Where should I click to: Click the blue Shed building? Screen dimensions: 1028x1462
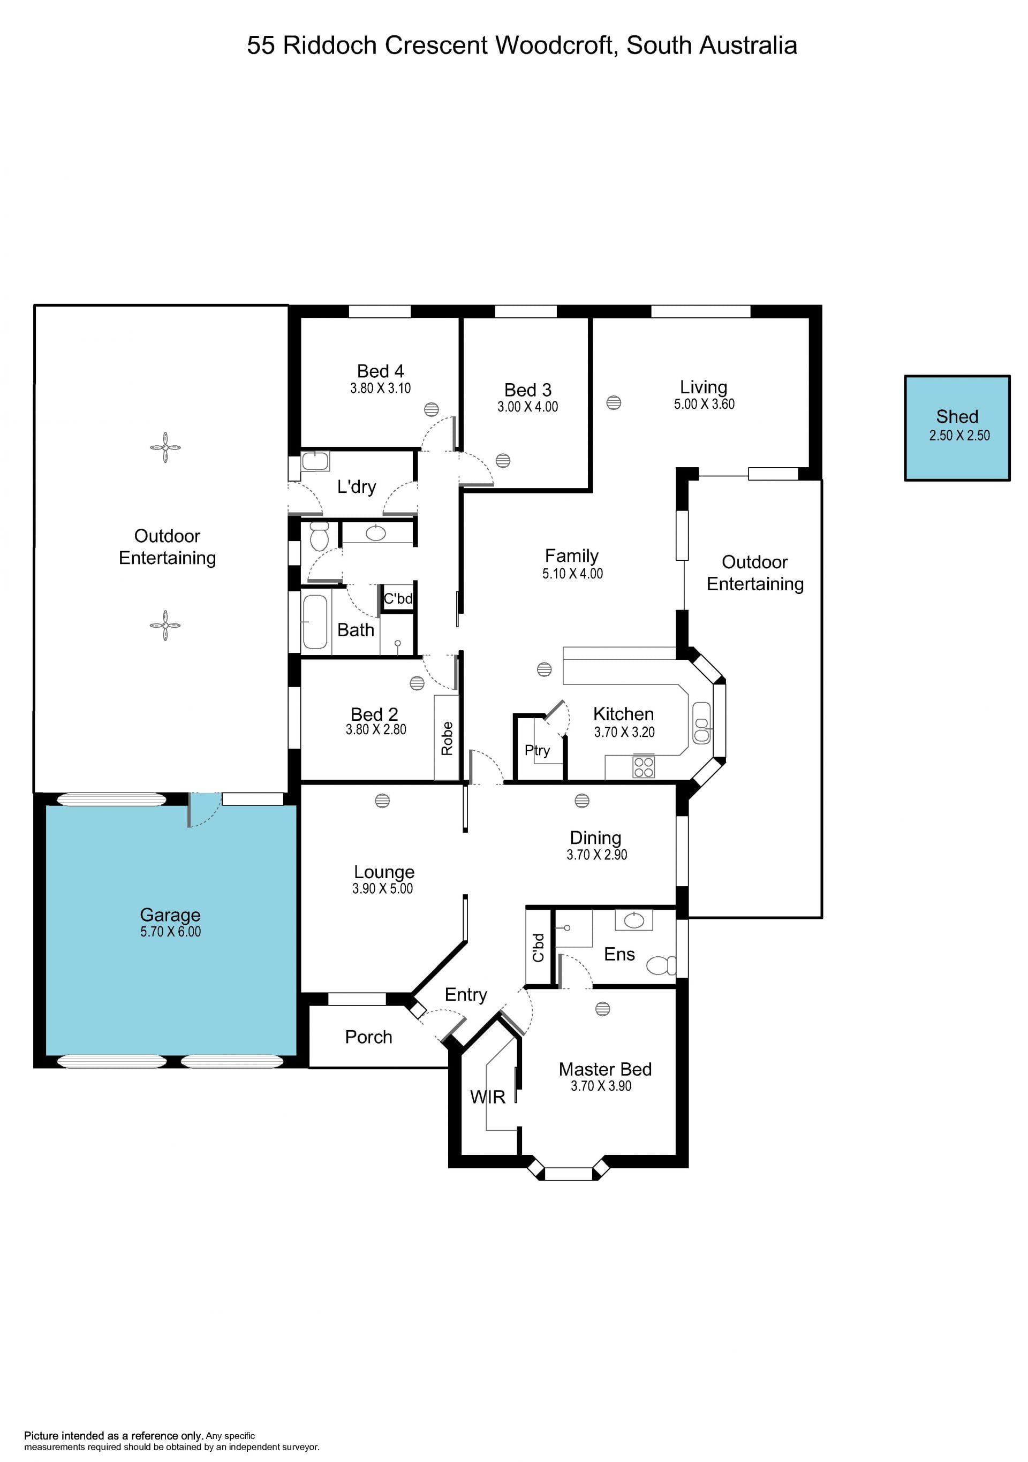pyautogui.click(x=957, y=428)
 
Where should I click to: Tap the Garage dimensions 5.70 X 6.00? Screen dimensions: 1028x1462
pyautogui.click(x=171, y=932)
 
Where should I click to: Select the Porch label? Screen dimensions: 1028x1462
pyautogui.click(x=368, y=1037)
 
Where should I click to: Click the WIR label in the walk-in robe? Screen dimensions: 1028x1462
pyautogui.click(x=487, y=1096)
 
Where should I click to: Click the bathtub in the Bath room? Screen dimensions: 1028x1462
pyautogui.click(x=315, y=621)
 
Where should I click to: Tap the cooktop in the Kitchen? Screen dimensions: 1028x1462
pyautogui.click(x=643, y=767)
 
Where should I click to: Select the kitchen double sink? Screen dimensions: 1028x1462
pyautogui.click(x=701, y=723)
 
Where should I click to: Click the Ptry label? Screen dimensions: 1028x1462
pyautogui.click(x=537, y=751)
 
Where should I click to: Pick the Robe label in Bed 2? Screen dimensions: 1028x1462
pyautogui.click(x=447, y=738)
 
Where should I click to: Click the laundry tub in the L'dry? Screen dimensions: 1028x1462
pyautogui.click(x=315, y=461)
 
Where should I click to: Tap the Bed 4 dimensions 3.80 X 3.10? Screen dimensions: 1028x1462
pyautogui.click(x=380, y=389)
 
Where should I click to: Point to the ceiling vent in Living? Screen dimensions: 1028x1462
pyautogui.click(x=614, y=402)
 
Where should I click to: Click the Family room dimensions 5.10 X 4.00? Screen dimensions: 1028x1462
pyautogui.click(x=572, y=574)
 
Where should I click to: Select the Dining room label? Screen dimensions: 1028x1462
pyautogui.click(x=595, y=838)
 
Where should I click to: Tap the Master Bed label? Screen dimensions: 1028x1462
pyautogui.click(x=605, y=1069)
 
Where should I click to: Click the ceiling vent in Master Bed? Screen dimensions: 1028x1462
pyautogui.click(x=602, y=1009)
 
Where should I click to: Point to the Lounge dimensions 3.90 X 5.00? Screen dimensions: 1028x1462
pyautogui.click(x=383, y=889)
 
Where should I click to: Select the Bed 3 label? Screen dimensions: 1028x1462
pyautogui.click(x=528, y=390)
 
